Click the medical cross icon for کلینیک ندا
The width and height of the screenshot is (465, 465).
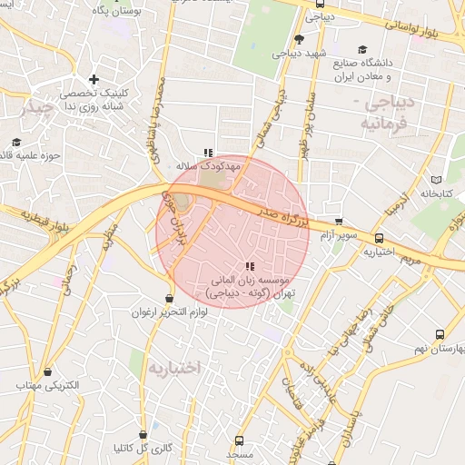point(94,80)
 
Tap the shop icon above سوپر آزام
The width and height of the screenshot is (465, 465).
point(339,221)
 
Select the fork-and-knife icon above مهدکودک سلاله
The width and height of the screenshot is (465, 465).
point(208,153)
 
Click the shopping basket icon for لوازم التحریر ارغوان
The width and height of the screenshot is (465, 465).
point(170,298)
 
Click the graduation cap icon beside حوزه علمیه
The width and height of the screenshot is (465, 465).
point(16,142)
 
